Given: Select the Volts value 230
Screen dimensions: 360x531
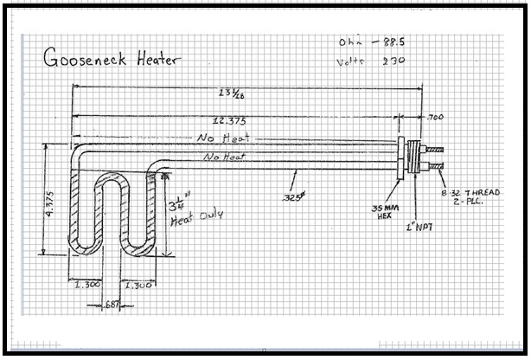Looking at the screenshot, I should coord(393,61).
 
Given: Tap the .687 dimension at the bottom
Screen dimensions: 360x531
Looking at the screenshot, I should coord(112,304).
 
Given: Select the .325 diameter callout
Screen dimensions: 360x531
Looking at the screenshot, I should coord(292,197).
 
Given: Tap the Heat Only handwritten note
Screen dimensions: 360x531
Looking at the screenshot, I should coord(195,215).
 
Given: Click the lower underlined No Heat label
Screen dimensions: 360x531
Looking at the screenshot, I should coord(224,157).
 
